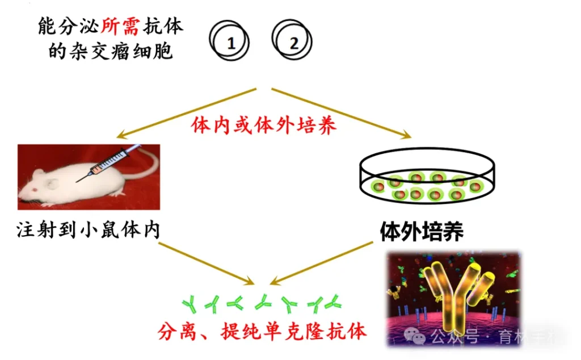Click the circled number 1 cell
tap(230, 43)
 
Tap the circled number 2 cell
tap(293, 43)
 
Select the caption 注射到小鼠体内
tap(88, 229)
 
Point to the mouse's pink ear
tap(51, 183)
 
